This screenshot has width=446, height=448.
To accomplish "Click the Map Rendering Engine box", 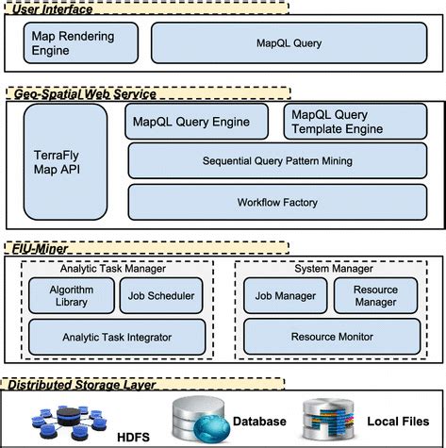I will point(81,42).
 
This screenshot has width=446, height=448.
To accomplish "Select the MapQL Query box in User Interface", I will point(289,42).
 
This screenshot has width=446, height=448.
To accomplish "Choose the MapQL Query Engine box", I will point(199,122).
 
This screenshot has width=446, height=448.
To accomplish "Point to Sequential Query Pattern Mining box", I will point(276,161).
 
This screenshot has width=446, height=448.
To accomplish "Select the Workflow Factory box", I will point(276,202).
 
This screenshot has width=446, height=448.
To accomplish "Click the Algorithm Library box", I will point(69,296).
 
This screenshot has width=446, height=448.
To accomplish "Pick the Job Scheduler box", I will point(161,296).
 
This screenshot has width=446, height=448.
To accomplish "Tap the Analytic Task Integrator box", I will point(116,336).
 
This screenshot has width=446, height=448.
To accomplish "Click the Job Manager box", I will point(284,296).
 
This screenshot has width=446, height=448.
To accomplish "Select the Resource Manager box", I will point(375,296).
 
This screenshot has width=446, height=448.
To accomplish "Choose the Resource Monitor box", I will point(329,336).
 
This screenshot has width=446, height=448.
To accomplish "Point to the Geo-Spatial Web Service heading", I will point(81,93).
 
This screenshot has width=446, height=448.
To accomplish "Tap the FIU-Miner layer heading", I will point(39,247).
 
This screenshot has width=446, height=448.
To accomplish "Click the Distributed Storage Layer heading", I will point(86,384).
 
